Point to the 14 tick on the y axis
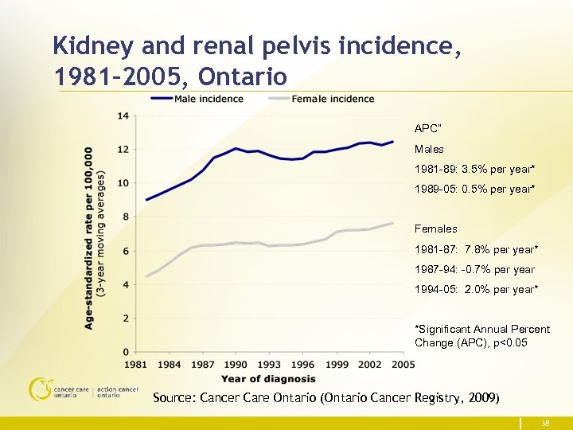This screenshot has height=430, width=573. (123, 116)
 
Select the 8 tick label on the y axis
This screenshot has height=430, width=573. (126, 217)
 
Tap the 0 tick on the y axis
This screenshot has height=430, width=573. (126, 352)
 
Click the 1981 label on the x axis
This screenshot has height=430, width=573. (136, 365)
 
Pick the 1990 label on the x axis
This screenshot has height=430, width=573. (235, 365)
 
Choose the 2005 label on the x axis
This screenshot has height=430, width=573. (403, 365)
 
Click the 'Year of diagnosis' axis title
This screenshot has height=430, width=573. (268, 378)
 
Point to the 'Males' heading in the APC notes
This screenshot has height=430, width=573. (429, 150)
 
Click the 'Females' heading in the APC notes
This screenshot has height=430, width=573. (435, 229)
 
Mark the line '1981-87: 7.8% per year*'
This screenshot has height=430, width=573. (476, 250)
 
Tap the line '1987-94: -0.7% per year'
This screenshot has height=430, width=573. (474, 270)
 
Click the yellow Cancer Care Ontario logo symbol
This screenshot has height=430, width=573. (39, 388)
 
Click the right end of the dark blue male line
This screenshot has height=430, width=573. (392, 142)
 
